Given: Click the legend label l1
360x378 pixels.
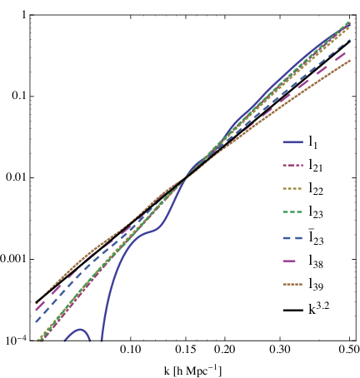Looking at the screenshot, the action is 312,142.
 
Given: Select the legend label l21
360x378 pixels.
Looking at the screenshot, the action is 316,166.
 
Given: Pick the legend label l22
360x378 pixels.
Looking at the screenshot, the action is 316,189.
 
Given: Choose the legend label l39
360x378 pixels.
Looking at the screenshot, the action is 316,285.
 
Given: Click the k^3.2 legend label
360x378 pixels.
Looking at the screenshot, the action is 318,308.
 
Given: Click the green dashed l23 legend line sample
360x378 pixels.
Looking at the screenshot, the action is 292,212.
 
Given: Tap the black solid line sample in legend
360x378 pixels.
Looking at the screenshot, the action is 293,310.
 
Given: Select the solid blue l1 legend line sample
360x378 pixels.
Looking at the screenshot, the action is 293,142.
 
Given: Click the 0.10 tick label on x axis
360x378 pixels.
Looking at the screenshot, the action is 130,349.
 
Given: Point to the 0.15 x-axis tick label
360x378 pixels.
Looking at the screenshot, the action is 186,349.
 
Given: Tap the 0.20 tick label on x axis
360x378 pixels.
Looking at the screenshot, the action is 225,349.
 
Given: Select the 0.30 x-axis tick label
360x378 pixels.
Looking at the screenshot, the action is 280,349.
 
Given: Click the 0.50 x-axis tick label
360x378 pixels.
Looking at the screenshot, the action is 349,349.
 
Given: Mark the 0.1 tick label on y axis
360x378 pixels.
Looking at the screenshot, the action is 19,96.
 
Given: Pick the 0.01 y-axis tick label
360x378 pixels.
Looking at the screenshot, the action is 16,177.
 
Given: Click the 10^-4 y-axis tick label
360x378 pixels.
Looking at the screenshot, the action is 13,340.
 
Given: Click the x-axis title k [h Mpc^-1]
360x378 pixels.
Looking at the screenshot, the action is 192,371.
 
